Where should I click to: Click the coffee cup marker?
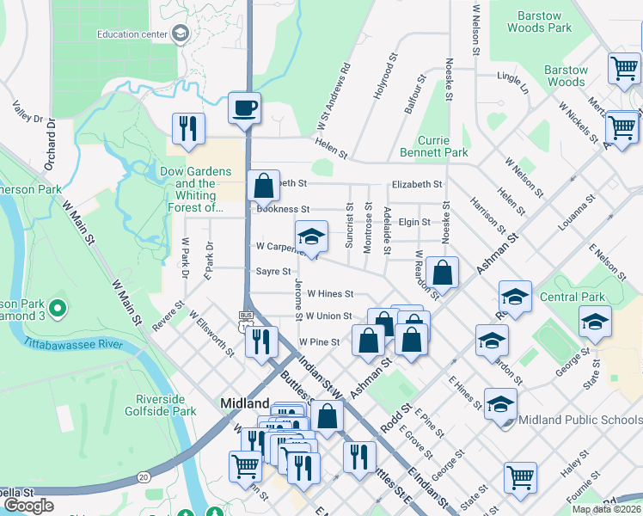[245, 108]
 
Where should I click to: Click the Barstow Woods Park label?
[546, 21]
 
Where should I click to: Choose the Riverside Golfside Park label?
[166, 405]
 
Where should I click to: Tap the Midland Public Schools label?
[575, 419]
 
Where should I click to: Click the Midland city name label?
[245, 402]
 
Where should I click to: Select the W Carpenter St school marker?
[311, 236]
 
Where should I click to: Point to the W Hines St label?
[330, 293]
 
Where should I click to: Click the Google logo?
[28, 505]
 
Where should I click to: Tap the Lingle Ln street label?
[513, 83]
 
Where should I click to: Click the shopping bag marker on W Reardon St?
[442, 273]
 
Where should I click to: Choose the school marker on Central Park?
[594, 322]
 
